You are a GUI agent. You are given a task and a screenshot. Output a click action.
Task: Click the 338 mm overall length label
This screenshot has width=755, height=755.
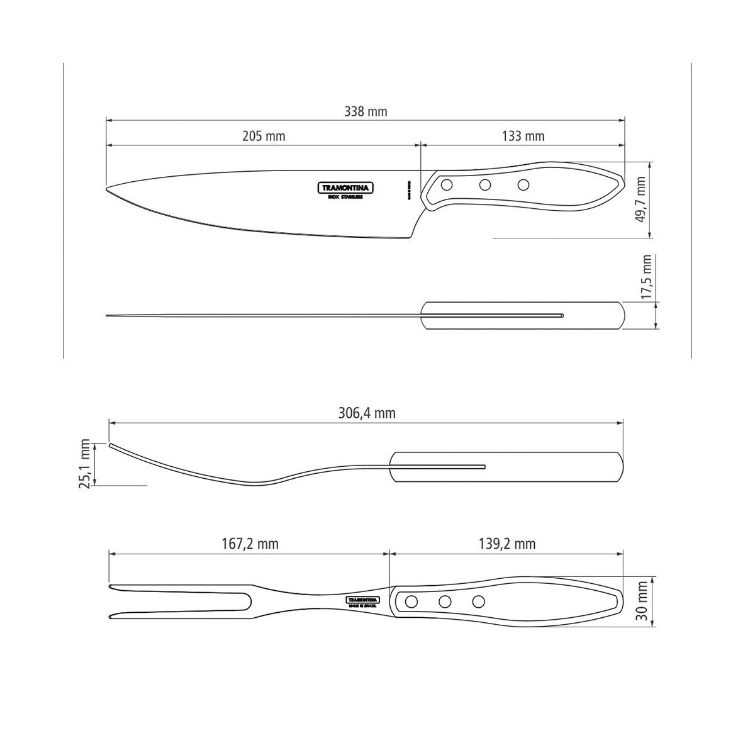click(366, 112)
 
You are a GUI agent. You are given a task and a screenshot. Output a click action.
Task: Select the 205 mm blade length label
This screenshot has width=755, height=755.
click(264, 136)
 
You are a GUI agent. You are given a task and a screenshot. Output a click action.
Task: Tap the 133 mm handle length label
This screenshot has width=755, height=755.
click(523, 136)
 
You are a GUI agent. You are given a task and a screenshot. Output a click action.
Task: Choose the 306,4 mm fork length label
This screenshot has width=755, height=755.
click(366, 413)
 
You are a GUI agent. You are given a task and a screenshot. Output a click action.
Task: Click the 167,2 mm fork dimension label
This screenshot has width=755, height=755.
click(250, 544)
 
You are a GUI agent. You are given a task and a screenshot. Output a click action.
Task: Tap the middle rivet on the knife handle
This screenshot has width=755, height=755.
click(485, 185)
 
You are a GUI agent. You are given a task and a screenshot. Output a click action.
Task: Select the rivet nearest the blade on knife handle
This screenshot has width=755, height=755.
click(447, 185)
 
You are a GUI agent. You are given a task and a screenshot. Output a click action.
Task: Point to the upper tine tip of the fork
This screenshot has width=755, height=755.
click(111, 588)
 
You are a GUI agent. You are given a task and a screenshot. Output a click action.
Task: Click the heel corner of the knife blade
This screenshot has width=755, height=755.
click(410, 238)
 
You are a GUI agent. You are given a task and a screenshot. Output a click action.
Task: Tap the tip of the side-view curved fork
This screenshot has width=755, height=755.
click(111, 445)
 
